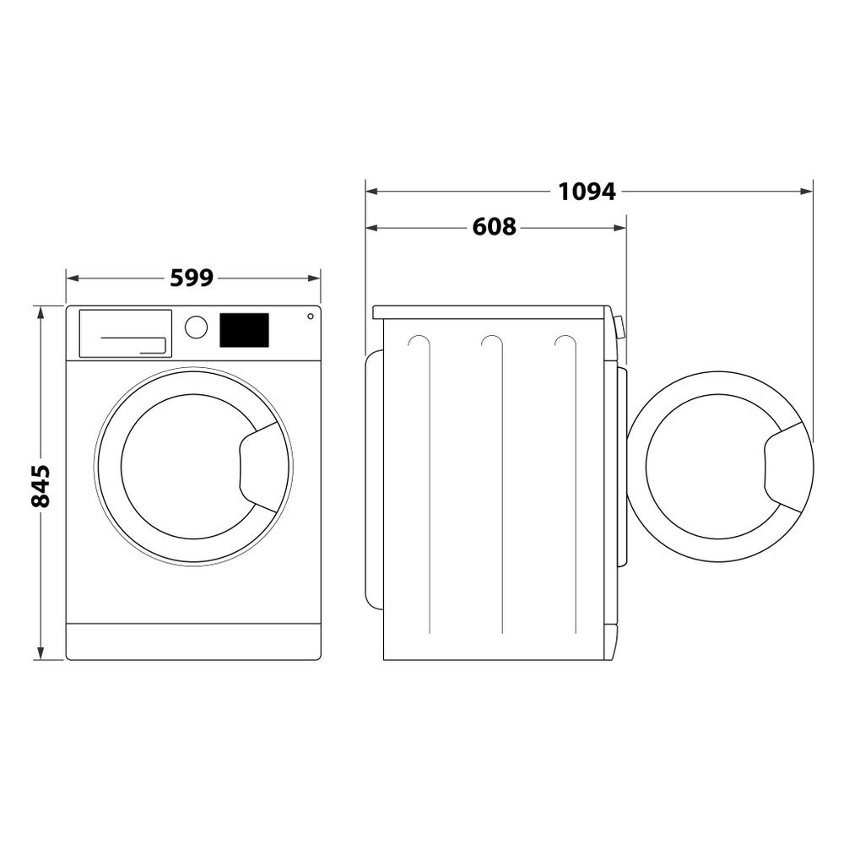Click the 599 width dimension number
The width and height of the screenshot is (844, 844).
(192, 278)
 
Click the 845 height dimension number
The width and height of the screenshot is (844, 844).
(40, 485)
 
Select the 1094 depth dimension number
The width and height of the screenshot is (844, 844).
(587, 192)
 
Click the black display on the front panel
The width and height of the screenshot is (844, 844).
(244, 330)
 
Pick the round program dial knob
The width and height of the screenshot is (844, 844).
(196, 327)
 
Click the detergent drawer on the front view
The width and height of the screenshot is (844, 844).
(125, 333)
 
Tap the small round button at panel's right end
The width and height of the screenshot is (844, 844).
(310, 316)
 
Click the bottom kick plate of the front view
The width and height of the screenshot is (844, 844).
(193, 641)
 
